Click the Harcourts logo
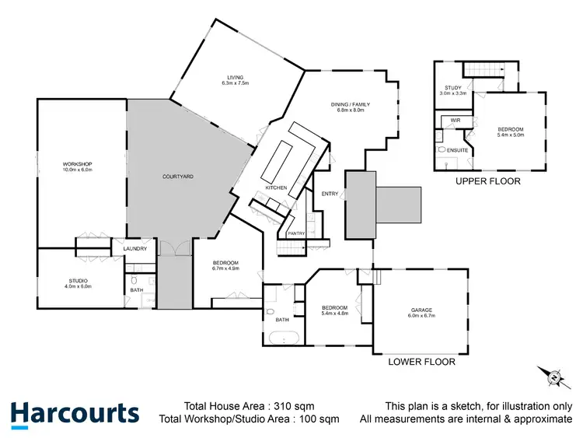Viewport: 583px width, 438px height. tap(75, 413)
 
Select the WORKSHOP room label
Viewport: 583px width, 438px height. tap(78, 163)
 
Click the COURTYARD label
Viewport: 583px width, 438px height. tap(177, 177)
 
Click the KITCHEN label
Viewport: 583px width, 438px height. tap(277, 187)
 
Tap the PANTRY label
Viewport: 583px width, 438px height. tap(295, 233)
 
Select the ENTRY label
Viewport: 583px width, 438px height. tap(330, 194)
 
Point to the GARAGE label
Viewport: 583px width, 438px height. tap(422, 310)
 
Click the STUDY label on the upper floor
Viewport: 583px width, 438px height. tap(454, 87)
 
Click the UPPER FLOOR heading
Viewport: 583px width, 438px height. tap(489, 181)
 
